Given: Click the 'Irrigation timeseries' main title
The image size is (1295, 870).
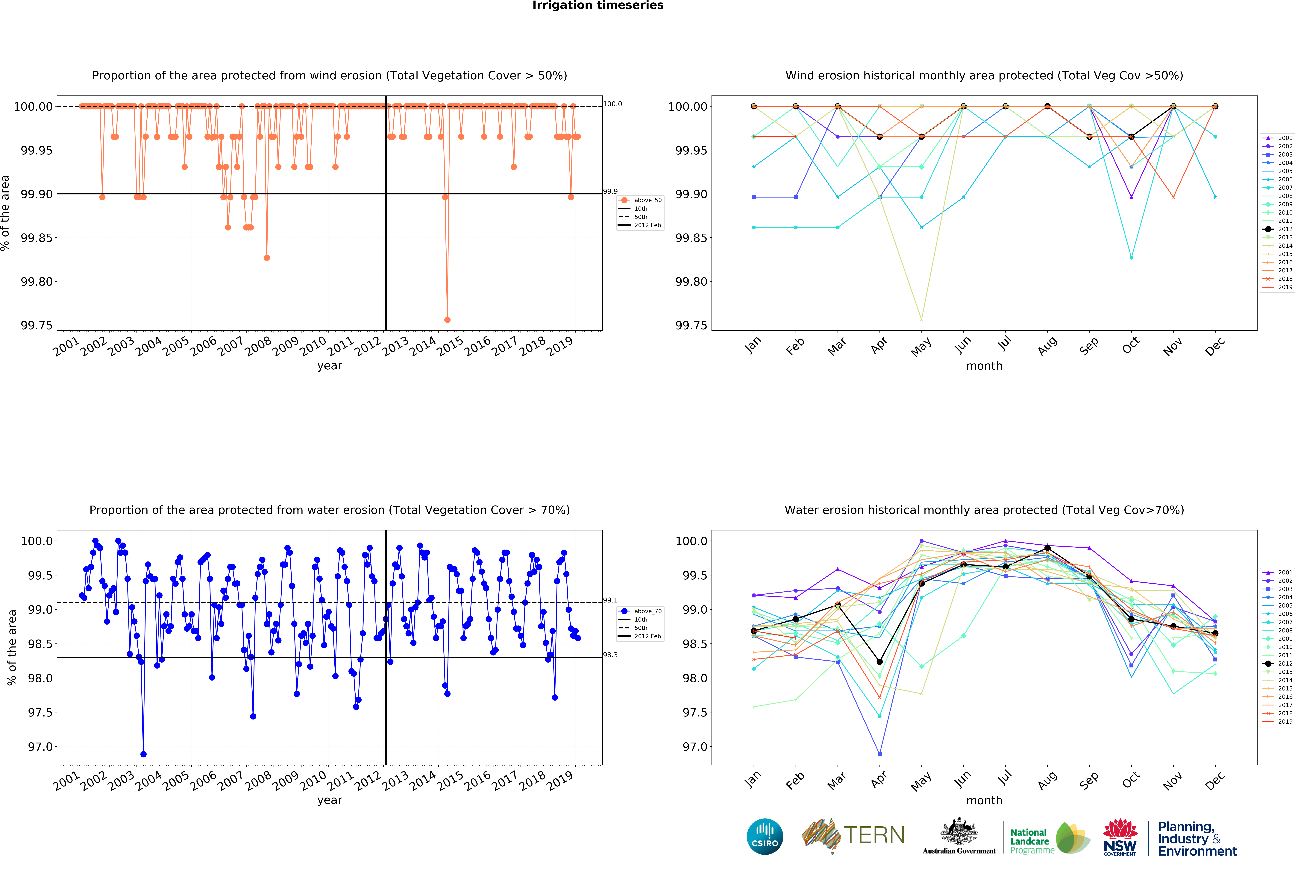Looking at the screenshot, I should (598, 6).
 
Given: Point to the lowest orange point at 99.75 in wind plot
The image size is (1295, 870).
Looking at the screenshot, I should (447, 320).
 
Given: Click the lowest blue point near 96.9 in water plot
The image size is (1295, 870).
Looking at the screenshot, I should (143, 754).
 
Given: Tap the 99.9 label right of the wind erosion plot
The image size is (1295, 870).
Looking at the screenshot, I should (610, 191).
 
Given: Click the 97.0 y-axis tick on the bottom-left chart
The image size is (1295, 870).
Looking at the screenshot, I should (40, 747).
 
